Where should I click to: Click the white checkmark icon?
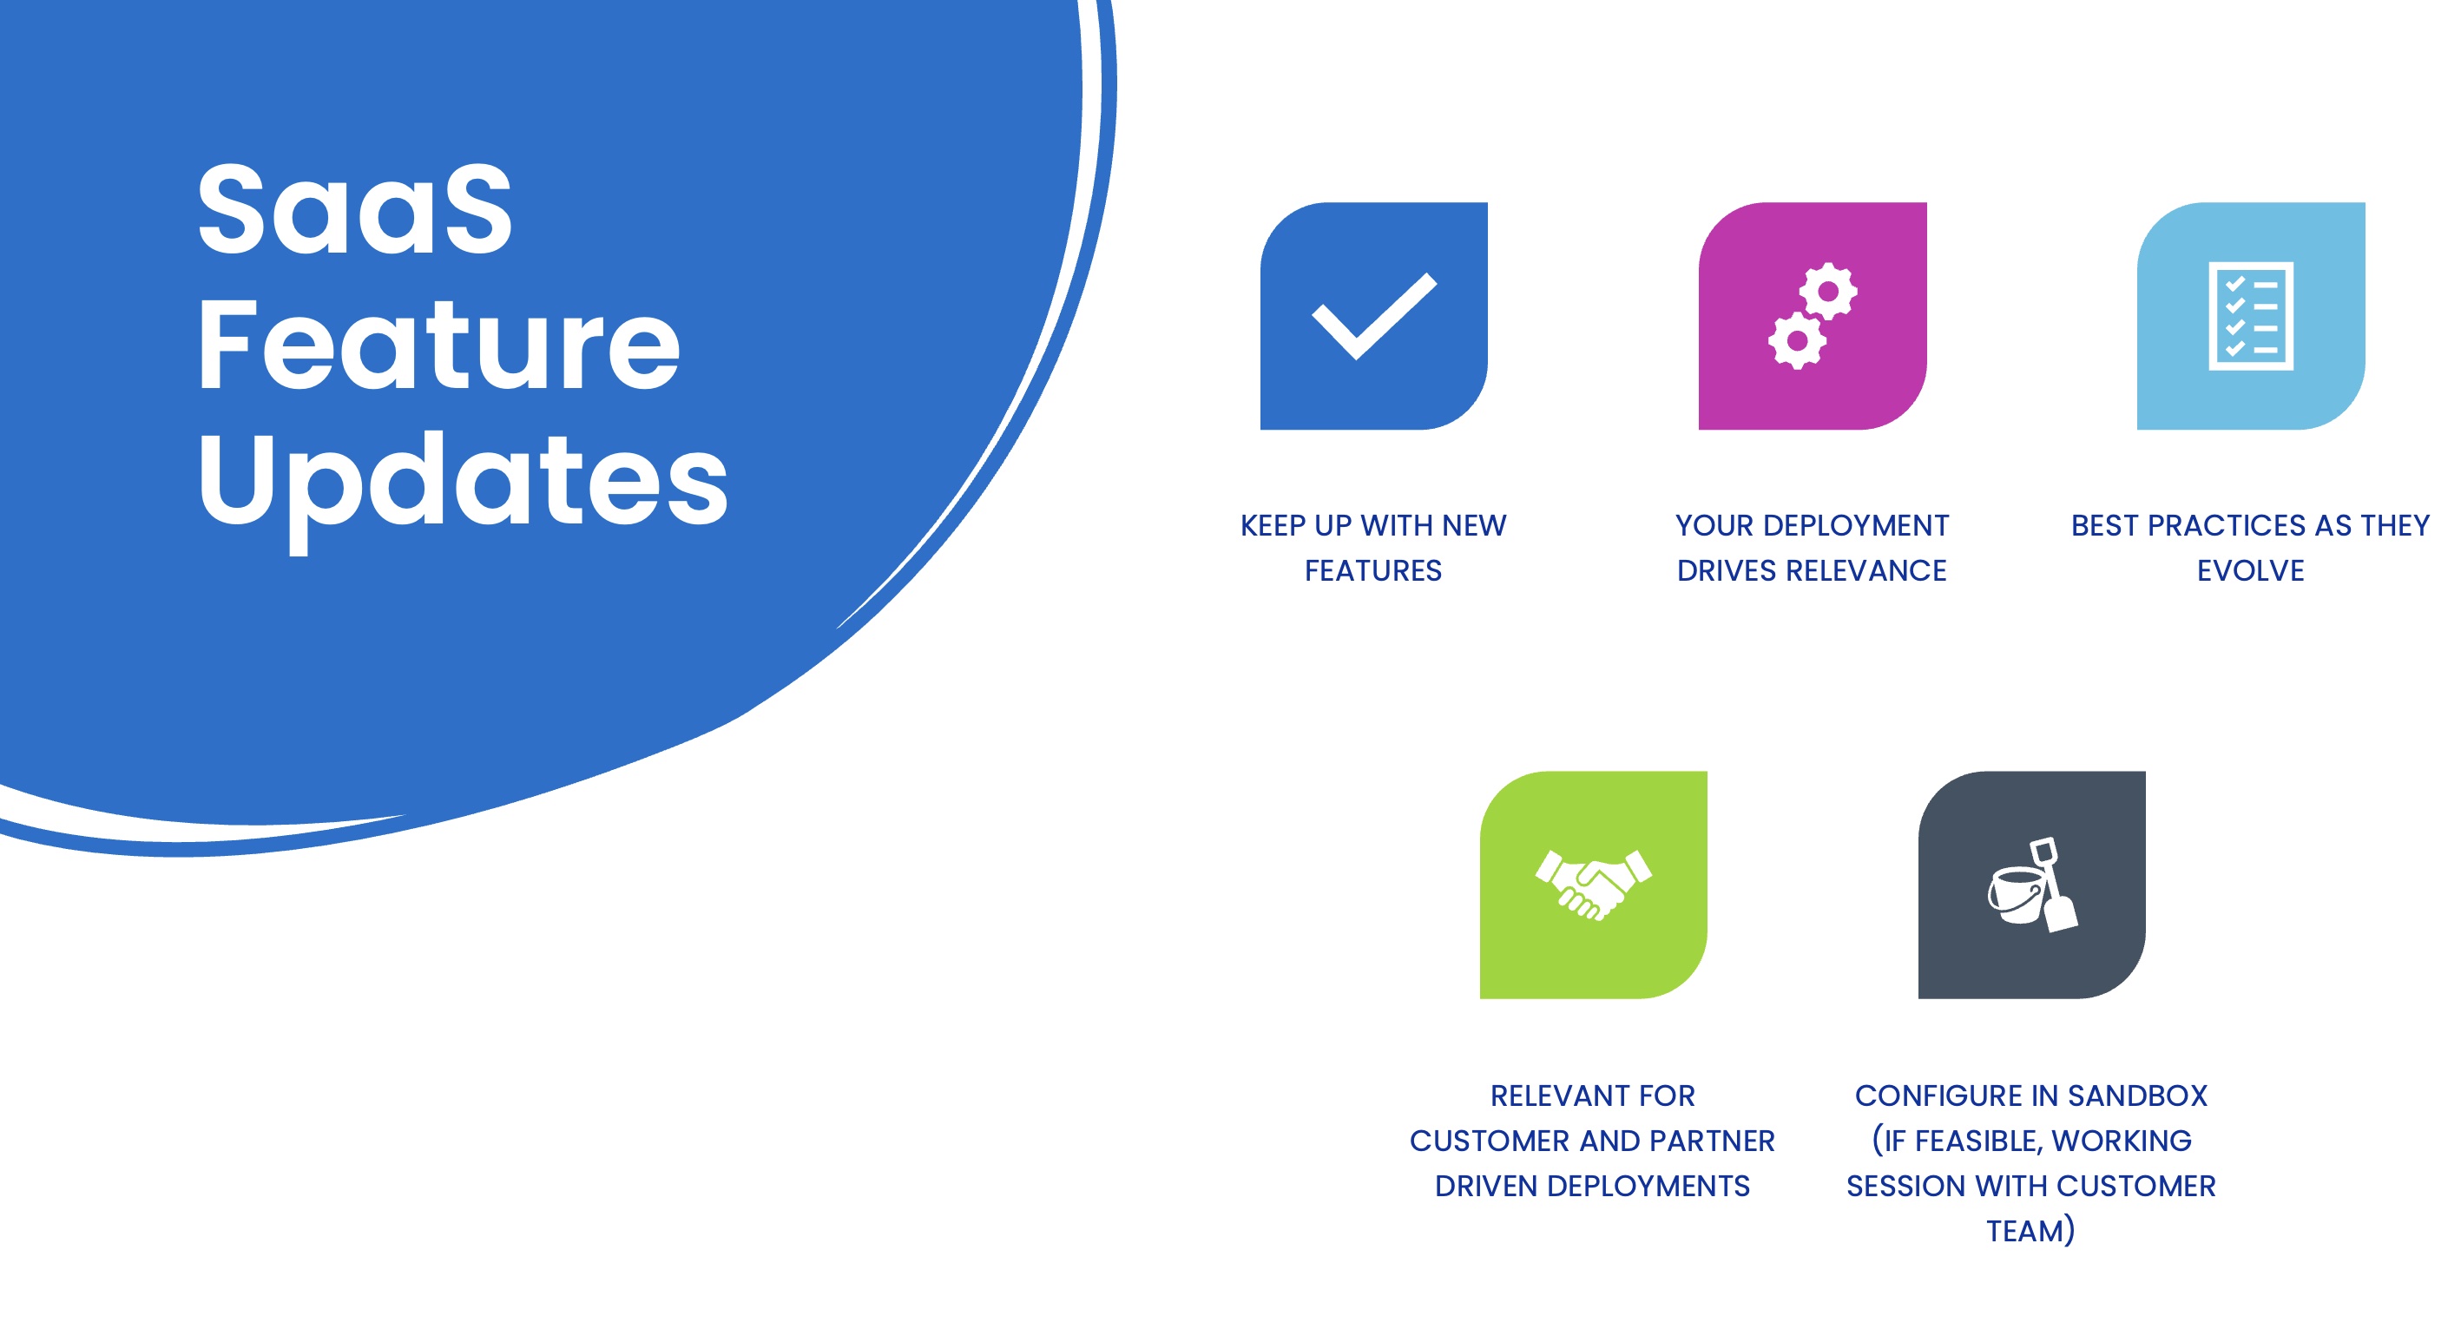point(1374,316)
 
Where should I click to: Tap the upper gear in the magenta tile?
point(1827,291)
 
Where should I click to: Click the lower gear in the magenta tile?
point(1797,340)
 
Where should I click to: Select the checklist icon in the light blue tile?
point(2251,315)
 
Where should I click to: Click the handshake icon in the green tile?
point(1593,885)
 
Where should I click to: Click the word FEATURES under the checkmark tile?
point(1372,571)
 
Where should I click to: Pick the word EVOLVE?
point(2250,571)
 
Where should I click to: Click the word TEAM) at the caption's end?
point(2030,1231)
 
